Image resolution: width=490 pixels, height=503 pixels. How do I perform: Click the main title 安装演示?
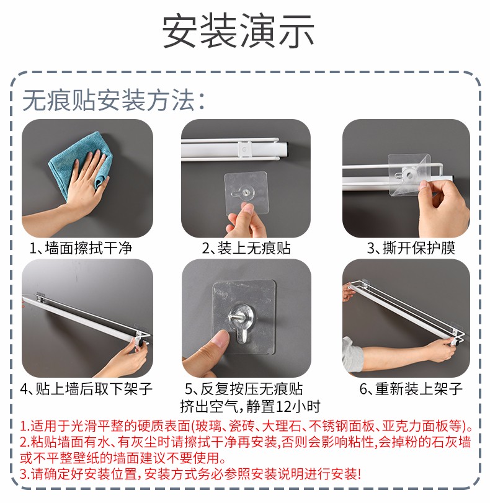point(238,31)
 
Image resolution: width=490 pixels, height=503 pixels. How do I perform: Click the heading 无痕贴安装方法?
point(114,100)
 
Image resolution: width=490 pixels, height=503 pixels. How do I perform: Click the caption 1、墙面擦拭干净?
point(81,248)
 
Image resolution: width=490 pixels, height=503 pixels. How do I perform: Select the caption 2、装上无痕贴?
point(246,248)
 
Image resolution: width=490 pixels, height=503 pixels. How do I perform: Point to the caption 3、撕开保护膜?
point(411,248)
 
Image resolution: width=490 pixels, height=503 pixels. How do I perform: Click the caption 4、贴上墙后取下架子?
point(86,389)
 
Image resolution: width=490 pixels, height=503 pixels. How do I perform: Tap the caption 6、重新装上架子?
point(411,389)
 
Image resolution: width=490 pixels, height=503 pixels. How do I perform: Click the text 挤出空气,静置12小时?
point(250,406)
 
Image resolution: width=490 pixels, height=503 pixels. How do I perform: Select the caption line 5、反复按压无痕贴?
point(244,389)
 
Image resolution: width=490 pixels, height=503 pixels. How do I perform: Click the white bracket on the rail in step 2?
point(244,149)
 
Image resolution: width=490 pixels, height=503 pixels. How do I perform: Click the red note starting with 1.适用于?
point(246,426)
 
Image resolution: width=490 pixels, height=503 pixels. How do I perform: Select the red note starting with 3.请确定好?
point(190,474)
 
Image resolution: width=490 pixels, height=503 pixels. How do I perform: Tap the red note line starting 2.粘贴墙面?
point(246,442)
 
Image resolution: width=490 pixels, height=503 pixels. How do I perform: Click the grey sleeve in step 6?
point(352,355)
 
